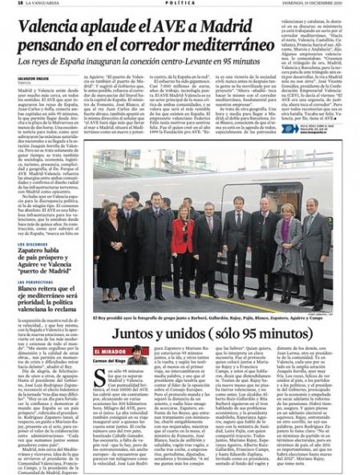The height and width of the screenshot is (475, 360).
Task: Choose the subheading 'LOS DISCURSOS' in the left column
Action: coord(33,219)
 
